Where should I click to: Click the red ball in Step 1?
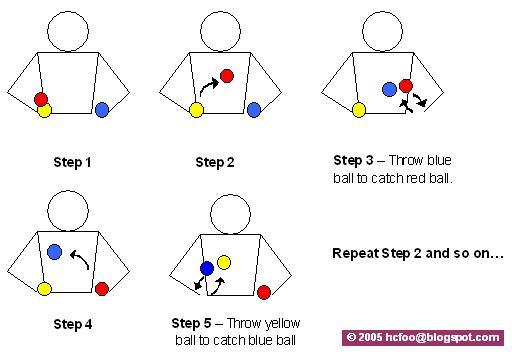click(41, 99)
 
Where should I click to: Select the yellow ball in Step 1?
click(45, 110)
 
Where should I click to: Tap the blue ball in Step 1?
click(102, 110)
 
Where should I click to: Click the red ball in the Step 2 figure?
click(227, 76)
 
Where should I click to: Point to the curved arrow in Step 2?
click(208, 86)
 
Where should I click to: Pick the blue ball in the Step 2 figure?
click(254, 110)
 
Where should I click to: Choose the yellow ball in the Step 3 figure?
click(359, 110)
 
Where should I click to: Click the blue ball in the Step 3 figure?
click(389, 89)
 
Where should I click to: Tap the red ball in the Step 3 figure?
click(406, 86)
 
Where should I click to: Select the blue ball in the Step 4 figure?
click(54, 252)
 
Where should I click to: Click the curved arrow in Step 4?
click(81, 258)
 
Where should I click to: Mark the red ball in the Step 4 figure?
click(102, 289)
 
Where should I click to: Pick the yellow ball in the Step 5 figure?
click(224, 262)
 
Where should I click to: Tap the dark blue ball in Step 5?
click(207, 268)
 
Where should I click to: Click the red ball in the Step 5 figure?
click(264, 292)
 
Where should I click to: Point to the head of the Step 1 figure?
click(68, 32)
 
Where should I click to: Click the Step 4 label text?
click(73, 324)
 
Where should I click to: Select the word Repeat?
click(355, 254)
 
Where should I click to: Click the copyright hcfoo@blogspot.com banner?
click(423, 338)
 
